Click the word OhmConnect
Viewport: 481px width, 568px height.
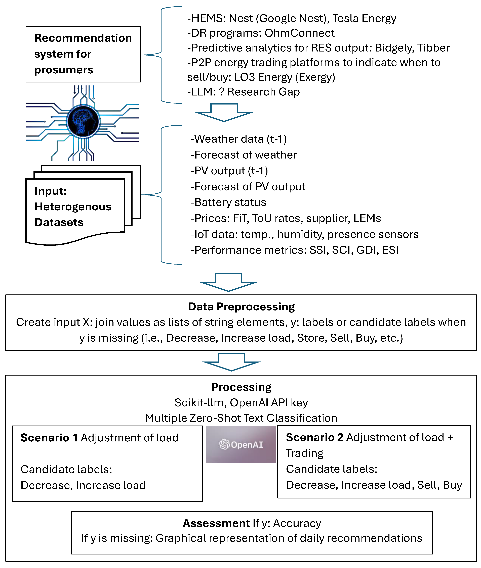pos(299,33)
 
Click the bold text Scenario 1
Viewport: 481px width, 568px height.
pos(49,438)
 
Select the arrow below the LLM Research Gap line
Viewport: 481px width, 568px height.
pos(224,112)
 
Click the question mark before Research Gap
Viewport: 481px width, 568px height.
pos(222,92)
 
